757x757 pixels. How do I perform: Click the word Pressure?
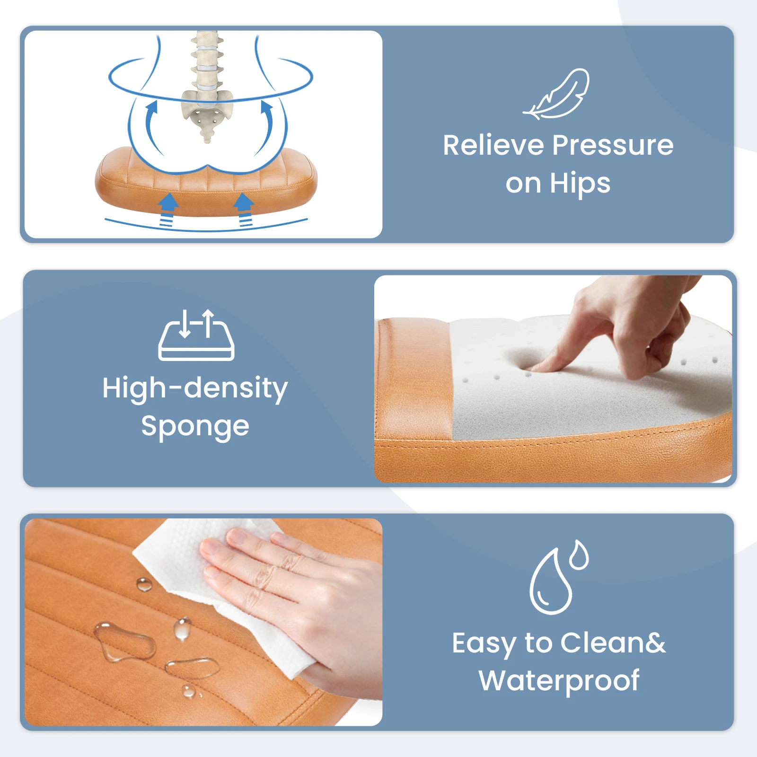(613, 145)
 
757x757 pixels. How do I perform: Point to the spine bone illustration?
(207, 85)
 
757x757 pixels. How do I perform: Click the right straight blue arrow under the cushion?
(244, 210)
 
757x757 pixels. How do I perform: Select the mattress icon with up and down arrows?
(196, 335)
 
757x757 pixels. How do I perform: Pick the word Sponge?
(195, 427)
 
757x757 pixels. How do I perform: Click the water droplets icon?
(558, 577)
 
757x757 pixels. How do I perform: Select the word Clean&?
(613, 643)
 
